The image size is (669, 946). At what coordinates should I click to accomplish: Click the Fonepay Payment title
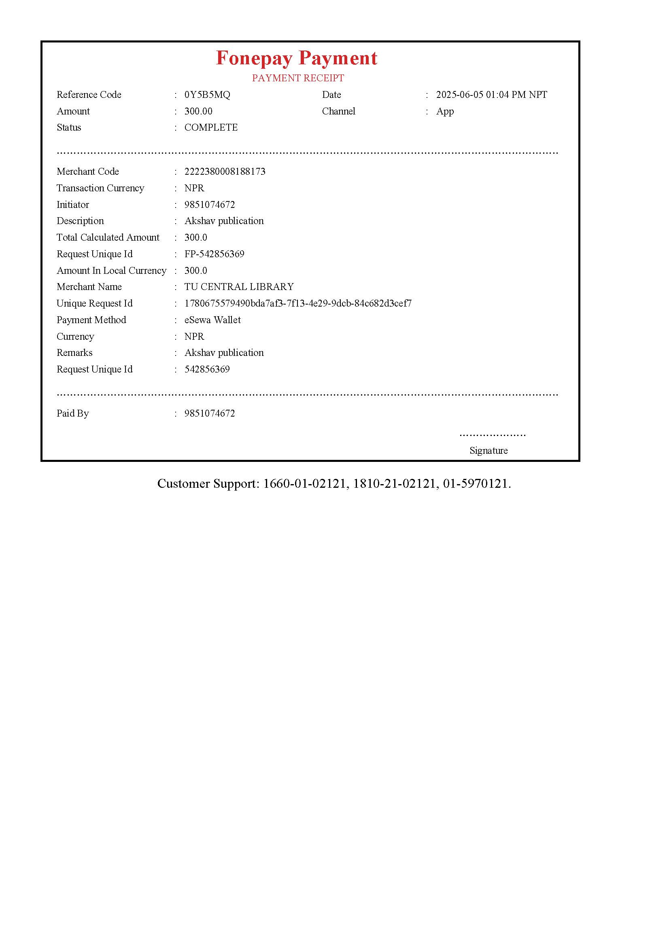(x=296, y=58)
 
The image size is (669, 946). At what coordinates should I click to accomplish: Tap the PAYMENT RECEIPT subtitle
(x=298, y=78)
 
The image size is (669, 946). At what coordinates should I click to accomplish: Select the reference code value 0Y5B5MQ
(x=207, y=95)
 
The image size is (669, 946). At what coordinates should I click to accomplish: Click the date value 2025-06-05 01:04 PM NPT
(x=491, y=95)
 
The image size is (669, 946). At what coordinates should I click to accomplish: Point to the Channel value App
(x=445, y=111)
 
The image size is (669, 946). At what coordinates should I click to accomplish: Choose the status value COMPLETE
(x=210, y=127)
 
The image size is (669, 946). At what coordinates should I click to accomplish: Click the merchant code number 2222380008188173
(x=225, y=171)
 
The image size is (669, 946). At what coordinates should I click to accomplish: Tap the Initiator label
(x=72, y=204)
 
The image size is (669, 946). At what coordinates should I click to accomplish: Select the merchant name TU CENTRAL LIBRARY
(x=239, y=287)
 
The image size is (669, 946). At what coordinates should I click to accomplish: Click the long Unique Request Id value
(x=297, y=303)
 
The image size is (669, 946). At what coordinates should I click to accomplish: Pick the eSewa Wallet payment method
(x=212, y=320)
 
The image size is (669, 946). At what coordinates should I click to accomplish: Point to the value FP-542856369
(x=214, y=254)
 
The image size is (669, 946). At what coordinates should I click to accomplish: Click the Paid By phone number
(x=209, y=413)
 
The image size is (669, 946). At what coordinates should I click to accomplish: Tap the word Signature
(x=488, y=450)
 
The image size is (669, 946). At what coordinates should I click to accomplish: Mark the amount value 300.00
(x=198, y=111)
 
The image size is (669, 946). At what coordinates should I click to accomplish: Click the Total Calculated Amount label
(x=108, y=237)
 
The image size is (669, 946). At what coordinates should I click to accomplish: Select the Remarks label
(x=74, y=353)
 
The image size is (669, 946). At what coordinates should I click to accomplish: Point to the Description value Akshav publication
(x=224, y=221)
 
